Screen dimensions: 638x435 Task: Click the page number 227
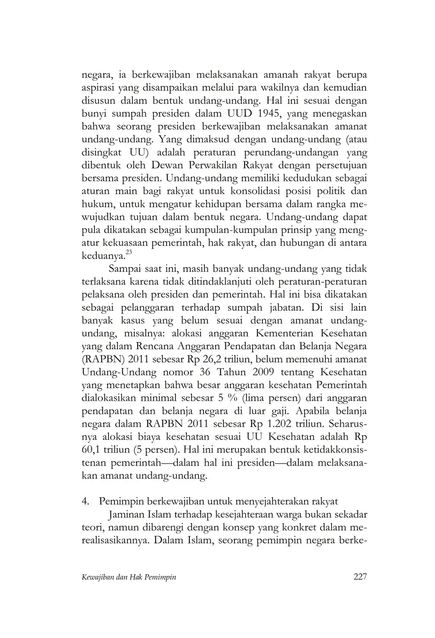(x=360, y=576)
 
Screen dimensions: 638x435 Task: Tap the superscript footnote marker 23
(x=129, y=252)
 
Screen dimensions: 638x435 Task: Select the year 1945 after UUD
(x=271, y=113)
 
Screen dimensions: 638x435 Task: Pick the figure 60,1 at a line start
(x=91, y=450)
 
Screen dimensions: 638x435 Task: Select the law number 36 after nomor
(x=207, y=372)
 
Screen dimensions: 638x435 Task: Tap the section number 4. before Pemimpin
(x=85, y=501)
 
